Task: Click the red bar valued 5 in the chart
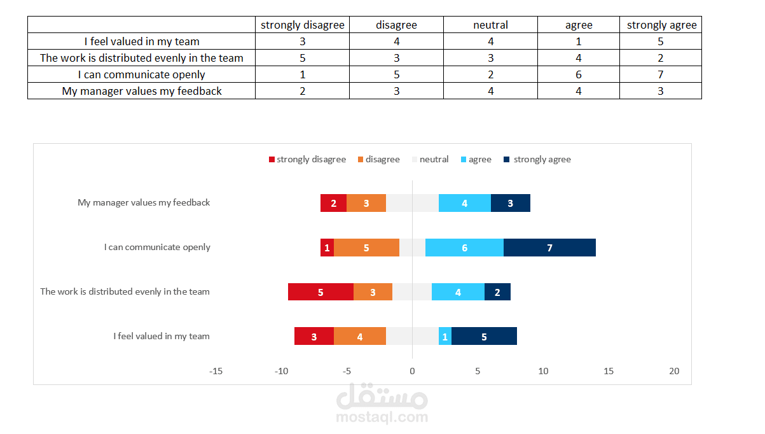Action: tap(320, 292)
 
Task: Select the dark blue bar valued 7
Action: tap(549, 248)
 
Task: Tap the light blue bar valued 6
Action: tap(464, 248)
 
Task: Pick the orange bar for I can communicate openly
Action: tap(366, 248)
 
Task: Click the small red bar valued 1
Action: tap(327, 248)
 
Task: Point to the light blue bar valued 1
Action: tap(445, 337)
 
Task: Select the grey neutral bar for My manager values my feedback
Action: tap(412, 203)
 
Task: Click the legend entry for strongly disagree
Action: tap(307, 160)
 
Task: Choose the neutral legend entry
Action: tap(431, 160)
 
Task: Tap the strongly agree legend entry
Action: tap(537, 160)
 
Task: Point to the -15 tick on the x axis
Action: tap(216, 371)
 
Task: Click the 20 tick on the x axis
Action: tap(674, 371)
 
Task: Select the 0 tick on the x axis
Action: tap(412, 371)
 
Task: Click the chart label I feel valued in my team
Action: tap(162, 336)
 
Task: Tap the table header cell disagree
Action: tap(396, 25)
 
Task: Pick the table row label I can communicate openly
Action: tap(142, 74)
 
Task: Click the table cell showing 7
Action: tap(661, 74)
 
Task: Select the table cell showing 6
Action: tap(579, 74)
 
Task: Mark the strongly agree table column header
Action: tap(661, 25)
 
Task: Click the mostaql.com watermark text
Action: tap(382, 417)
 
